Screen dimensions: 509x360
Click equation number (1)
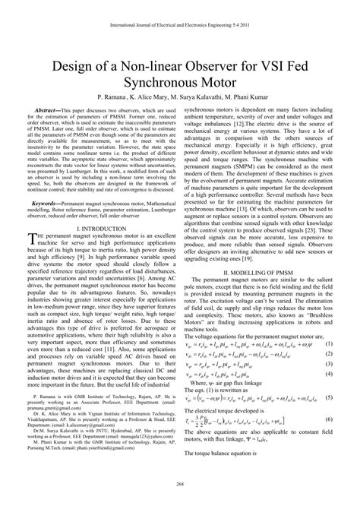tap(328, 343)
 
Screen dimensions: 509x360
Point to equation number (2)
tap(328, 354)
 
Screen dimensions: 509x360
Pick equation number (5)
tap(328, 397)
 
